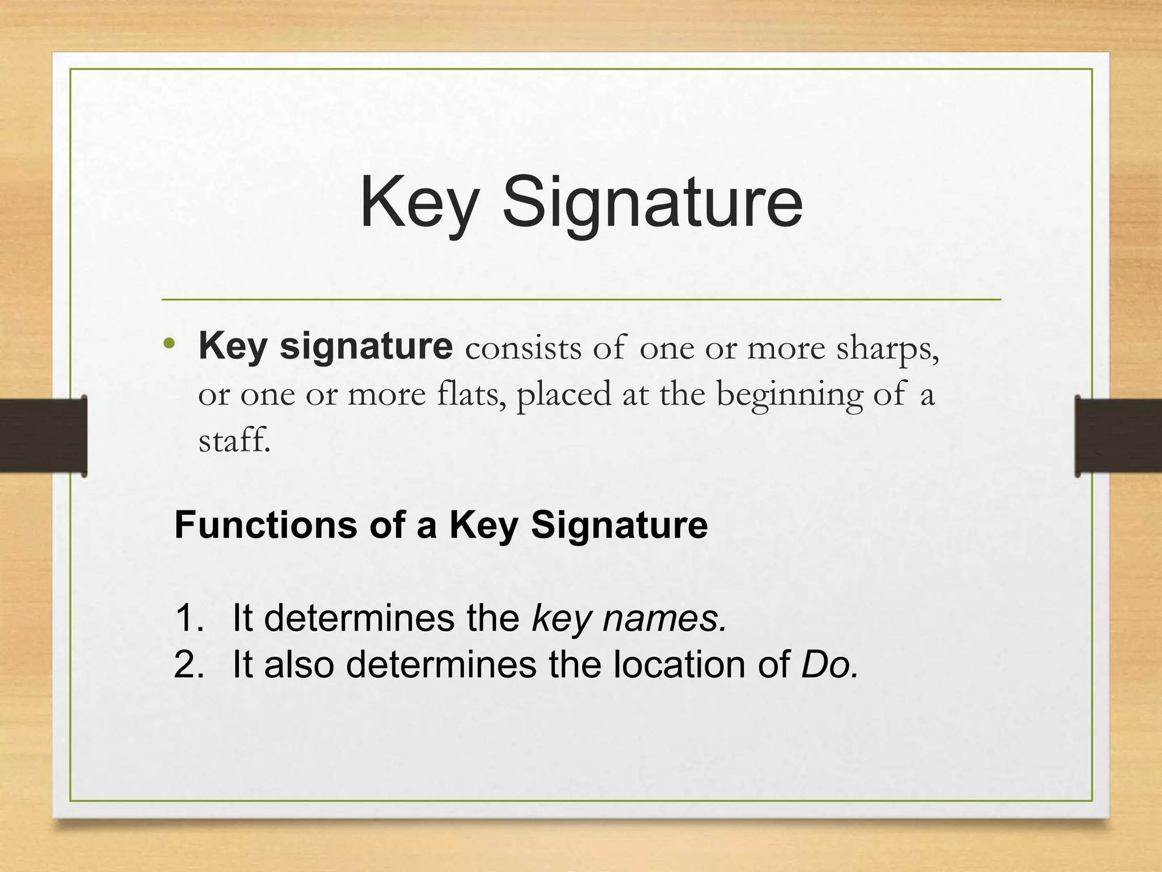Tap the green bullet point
coord(169,343)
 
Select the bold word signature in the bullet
coord(366,346)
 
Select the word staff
coord(234,439)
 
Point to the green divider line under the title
coord(581,299)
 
